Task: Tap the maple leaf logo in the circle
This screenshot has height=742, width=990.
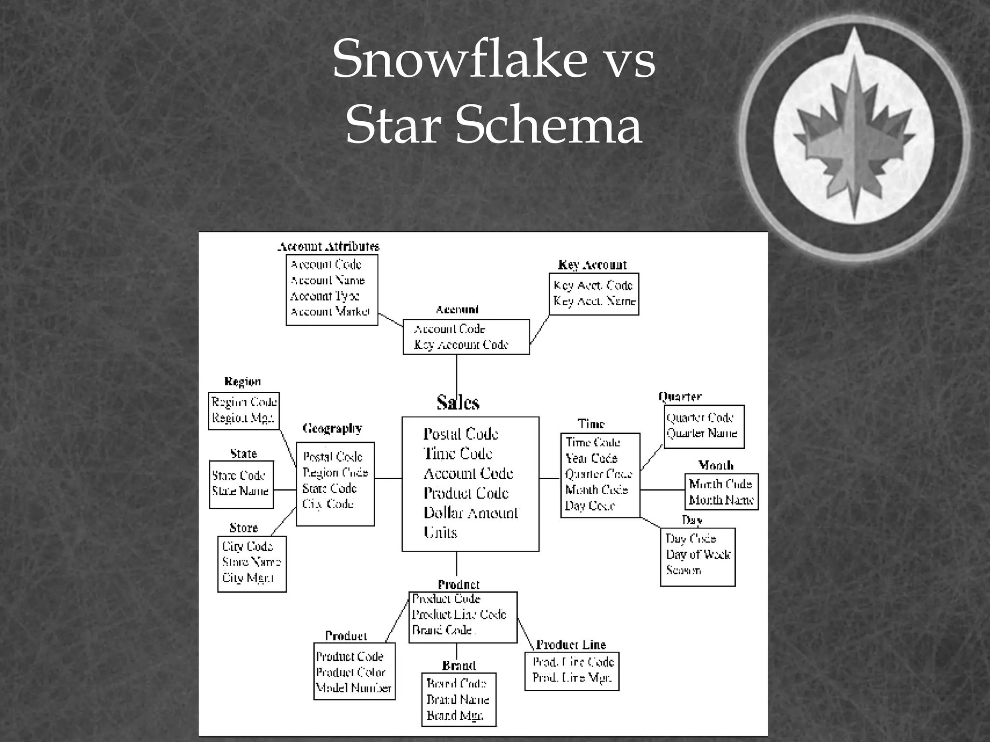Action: pyautogui.click(x=855, y=138)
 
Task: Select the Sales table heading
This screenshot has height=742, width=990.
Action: pyautogui.click(x=458, y=402)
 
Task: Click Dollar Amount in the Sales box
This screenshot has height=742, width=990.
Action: pyautogui.click(x=470, y=513)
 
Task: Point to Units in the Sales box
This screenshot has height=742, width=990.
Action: pyautogui.click(x=440, y=532)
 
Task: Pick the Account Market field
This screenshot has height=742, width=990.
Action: pyautogui.click(x=330, y=312)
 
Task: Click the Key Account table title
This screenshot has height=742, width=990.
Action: pyautogui.click(x=592, y=265)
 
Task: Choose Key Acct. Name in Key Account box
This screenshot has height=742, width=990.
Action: pyautogui.click(x=595, y=301)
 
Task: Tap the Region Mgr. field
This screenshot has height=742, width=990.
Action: pyautogui.click(x=243, y=418)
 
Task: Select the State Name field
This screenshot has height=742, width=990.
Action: pyautogui.click(x=240, y=491)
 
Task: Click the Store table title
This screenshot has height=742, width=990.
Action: pyautogui.click(x=244, y=528)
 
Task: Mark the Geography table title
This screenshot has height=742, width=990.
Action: pyautogui.click(x=332, y=428)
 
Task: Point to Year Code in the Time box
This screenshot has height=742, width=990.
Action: pyautogui.click(x=591, y=458)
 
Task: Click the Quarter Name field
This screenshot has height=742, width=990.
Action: pyautogui.click(x=701, y=433)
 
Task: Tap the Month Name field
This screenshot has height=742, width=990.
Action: pyautogui.click(x=721, y=500)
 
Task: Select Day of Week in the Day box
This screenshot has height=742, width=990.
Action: pyautogui.click(x=698, y=554)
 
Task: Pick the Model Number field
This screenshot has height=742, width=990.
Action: pyautogui.click(x=353, y=688)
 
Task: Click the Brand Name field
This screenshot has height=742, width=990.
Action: pyautogui.click(x=457, y=699)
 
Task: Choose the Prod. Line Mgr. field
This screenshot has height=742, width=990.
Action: pyautogui.click(x=572, y=678)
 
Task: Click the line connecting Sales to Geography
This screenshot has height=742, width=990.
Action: pyautogui.click(x=388, y=478)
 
